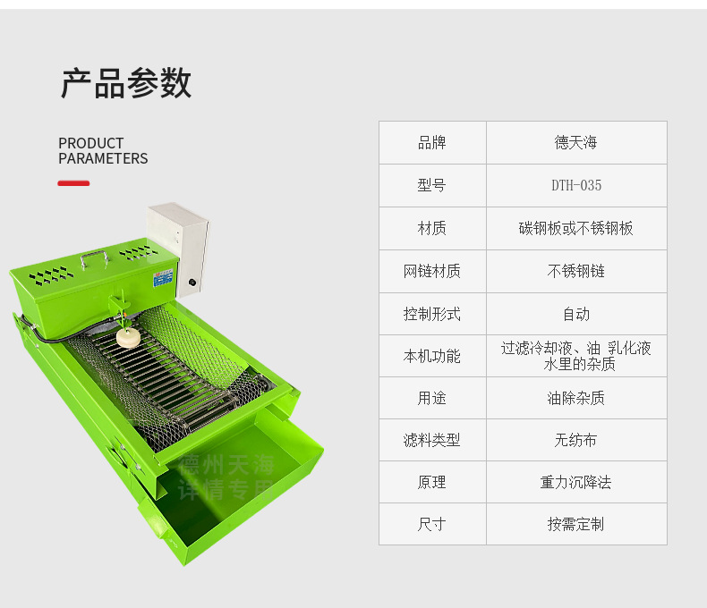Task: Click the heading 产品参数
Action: point(125,83)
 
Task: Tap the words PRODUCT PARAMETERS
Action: point(103,151)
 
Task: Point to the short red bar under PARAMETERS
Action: point(73,183)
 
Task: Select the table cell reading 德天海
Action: point(575,143)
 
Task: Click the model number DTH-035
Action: point(575,186)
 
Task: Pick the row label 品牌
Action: point(431,143)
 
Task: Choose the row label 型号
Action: point(431,186)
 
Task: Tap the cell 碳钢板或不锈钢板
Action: point(575,228)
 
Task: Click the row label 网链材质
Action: point(431,271)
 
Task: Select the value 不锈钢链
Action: point(575,271)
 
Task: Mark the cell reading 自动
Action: point(575,314)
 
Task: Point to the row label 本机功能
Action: point(431,356)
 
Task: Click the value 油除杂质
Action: point(575,398)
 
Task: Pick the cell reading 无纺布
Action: point(575,440)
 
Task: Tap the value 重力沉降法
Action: point(575,482)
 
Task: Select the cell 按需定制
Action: point(575,524)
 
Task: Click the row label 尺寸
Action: point(431,524)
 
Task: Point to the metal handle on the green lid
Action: point(93,258)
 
